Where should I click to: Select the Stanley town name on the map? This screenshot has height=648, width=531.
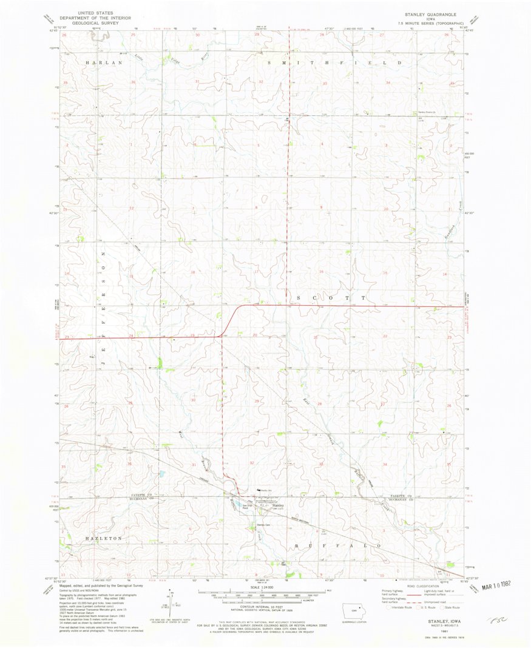coord(278,505)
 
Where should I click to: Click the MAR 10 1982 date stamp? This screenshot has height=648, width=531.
coord(495,587)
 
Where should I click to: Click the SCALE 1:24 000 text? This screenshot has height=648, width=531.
coord(265,587)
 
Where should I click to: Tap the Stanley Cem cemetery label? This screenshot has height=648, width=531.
coord(263,524)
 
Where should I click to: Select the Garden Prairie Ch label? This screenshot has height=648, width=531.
coord(426,111)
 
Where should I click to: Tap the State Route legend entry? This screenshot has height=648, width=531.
coord(451,607)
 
